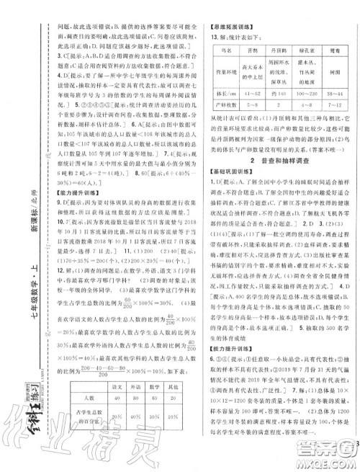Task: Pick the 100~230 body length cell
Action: (x=297, y=104)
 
